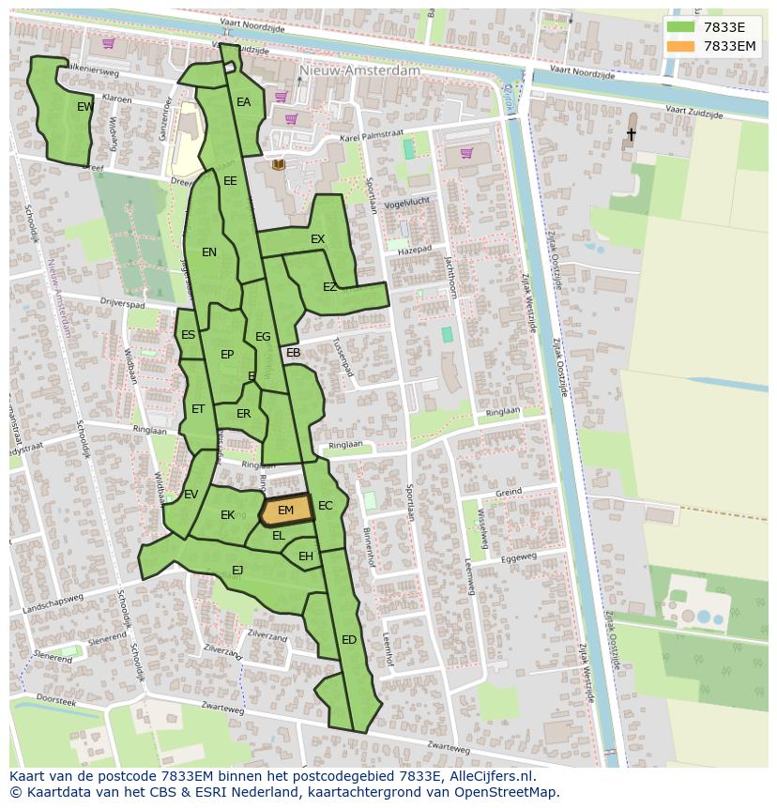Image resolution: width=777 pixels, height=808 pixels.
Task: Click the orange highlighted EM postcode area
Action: coord(285,511)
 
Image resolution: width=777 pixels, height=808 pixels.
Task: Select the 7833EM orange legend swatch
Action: coord(681,46)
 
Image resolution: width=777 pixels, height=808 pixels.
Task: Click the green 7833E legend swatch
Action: coord(681,27)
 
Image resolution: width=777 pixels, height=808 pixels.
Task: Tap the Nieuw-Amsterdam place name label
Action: coord(359,70)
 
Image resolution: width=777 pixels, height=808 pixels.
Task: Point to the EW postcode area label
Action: coord(85,107)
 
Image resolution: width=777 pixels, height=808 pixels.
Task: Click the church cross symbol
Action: coord(631,135)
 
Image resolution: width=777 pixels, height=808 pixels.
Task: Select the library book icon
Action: coord(279,165)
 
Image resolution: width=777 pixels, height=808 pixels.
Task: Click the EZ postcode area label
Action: coord(329,287)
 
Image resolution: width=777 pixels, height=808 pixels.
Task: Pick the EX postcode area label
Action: coord(317,239)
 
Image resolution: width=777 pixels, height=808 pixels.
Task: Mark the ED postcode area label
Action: coord(349,640)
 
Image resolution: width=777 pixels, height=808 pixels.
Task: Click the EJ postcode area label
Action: coord(237,570)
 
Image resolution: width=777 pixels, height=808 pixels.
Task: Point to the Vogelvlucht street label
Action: coord(407,202)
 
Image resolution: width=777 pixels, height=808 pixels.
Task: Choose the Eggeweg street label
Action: coord(518,557)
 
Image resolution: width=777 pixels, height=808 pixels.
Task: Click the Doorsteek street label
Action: coord(55,701)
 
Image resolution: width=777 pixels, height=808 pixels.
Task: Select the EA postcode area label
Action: coord(243,102)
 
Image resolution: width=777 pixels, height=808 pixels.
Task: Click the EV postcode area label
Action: coord(190,495)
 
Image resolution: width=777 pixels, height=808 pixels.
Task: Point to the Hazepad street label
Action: coord(414,251)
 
